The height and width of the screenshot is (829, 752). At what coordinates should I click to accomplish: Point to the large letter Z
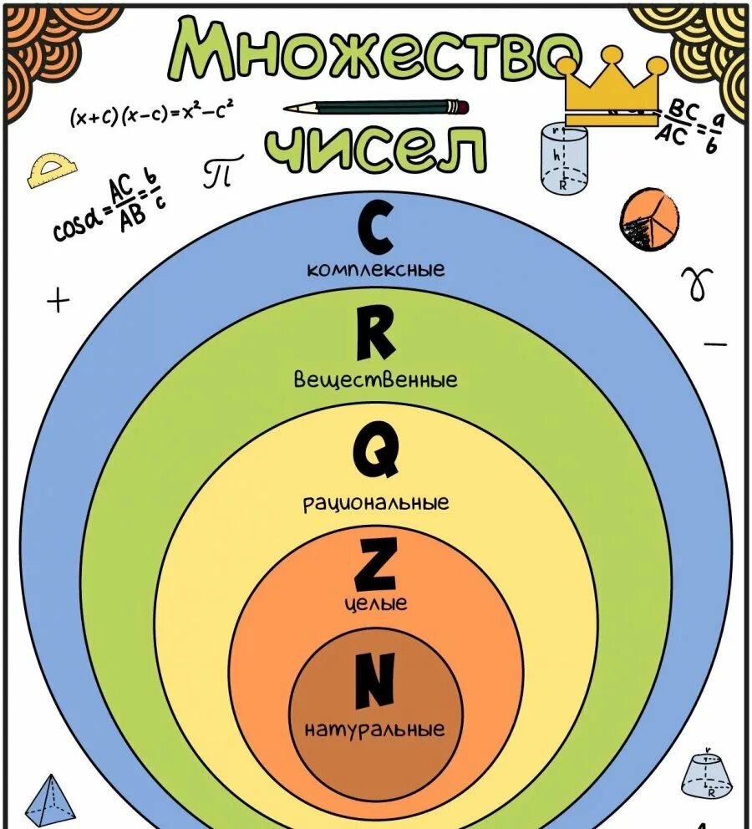tap(375, 565)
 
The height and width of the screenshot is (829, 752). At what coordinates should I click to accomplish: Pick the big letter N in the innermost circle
tap(373, 680)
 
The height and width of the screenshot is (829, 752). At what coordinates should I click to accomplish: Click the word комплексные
tap(376, 270)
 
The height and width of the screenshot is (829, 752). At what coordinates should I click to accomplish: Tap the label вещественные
tap(376, 379)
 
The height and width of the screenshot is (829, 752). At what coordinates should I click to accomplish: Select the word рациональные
tap(376, 502)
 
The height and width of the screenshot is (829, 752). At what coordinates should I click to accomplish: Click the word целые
tap(376, 603)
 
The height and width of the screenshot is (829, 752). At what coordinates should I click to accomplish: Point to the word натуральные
tap(374, 730)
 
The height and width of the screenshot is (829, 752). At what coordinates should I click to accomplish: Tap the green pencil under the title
tap(376, 107)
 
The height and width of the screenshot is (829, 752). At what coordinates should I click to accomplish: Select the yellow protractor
tap(51, 170)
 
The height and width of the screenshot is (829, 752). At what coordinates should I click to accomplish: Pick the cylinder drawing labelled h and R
tap(563, 158)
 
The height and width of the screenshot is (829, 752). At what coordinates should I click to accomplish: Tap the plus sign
tap(58, 300)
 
